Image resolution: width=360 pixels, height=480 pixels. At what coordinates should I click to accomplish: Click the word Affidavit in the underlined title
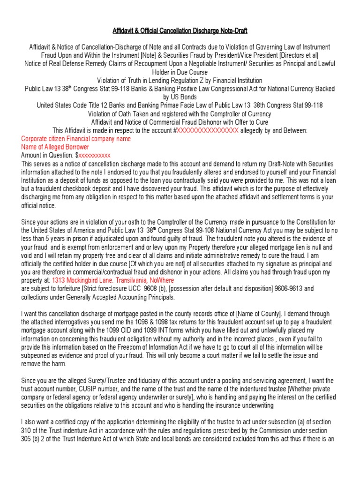(124, 31)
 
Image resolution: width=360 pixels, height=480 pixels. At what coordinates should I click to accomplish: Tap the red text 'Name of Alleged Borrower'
(55, 147)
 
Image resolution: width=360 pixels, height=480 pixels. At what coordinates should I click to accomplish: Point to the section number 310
(27, 430)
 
